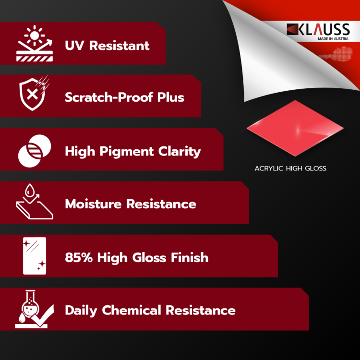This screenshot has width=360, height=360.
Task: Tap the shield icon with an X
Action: [34, 93]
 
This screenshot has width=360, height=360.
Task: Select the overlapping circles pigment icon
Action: [35, 151]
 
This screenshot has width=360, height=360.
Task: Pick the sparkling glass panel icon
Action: [35, 256]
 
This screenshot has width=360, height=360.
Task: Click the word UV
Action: [74, 46]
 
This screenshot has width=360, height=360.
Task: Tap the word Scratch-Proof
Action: [109, 97]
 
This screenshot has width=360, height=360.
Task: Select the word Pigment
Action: [127, 152]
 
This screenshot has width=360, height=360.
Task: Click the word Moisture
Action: [93, 204]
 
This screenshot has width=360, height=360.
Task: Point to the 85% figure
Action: [79, 257]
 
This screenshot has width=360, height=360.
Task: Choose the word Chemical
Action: [132, 310]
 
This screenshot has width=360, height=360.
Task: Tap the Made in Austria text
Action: [333, 39]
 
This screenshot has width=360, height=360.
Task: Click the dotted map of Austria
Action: [336, 54]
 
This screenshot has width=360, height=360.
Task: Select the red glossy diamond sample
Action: [295, 128]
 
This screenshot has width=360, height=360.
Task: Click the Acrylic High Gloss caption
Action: [290, 168]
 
